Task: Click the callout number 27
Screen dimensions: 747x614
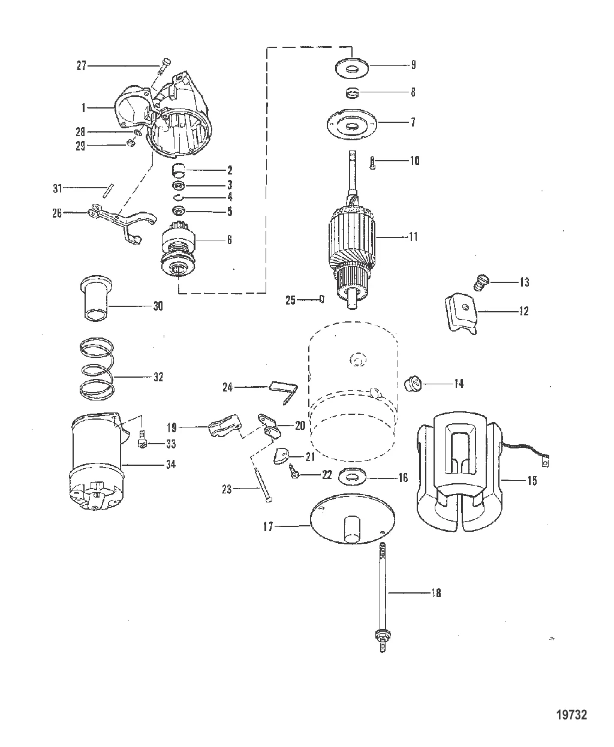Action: (x=81, y=65)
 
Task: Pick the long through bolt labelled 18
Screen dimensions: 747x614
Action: (x=381, y=594)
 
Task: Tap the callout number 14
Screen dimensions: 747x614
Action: (x=459, y=383)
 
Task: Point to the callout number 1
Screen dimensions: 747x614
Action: (x=85, y=108)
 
